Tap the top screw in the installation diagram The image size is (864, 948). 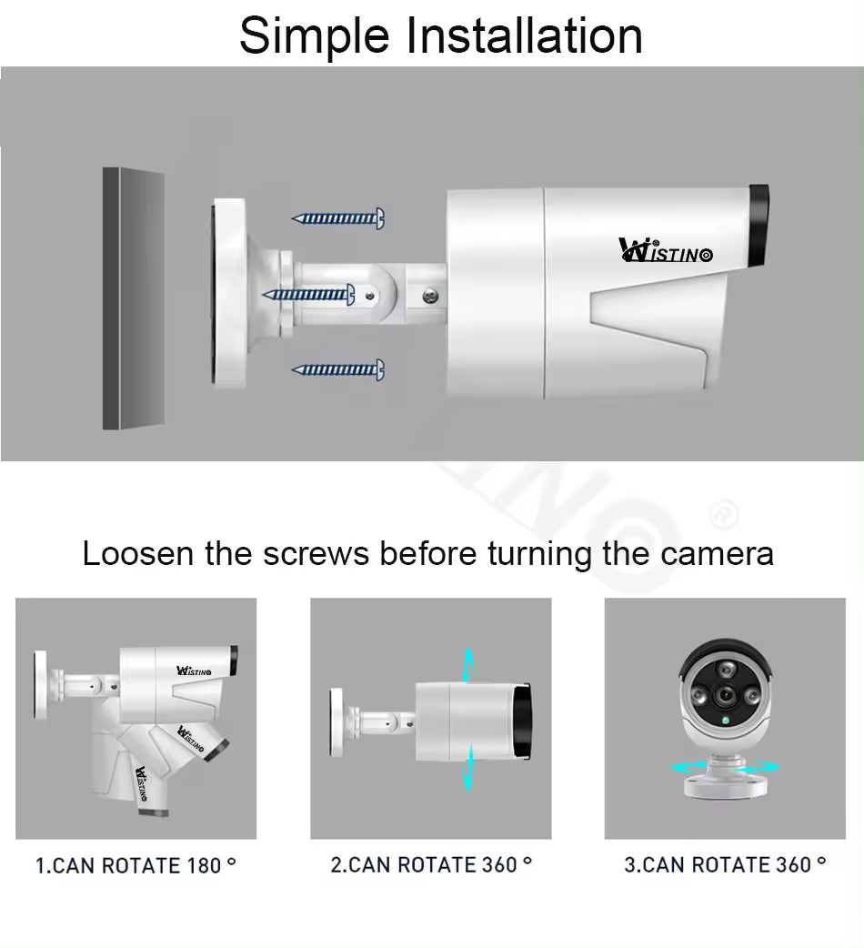(338, 218)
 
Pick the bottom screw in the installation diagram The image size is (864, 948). (338, 369)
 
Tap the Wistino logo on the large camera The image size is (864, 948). (665, 250)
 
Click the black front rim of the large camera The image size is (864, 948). (759, 227)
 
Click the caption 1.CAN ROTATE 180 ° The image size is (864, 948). (136, 865)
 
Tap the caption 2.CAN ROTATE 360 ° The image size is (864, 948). (431, 864)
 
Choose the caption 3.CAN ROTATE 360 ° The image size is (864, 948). (725, 864)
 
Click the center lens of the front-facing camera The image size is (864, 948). (725, 696)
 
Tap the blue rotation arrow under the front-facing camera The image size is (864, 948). (725, 767)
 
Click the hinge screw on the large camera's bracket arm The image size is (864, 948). (431, 295)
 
